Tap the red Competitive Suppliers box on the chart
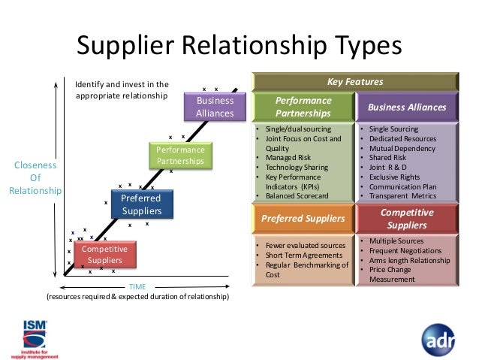click(106, 255)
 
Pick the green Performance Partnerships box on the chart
click(181, 156)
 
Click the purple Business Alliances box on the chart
click(215, 107)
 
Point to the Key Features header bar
click(355, 81)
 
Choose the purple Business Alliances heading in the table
click(406, 107)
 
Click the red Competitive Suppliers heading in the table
click(406, 218)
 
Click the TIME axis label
click(137, 286)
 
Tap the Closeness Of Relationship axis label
click(35, 178)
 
